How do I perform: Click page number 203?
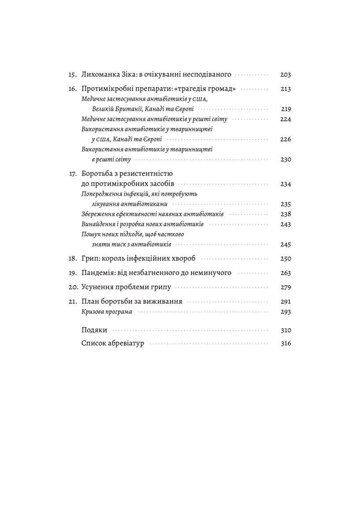point(286,75)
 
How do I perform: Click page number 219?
point(286,109)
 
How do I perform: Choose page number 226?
point(286,139)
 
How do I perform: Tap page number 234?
point(286,184)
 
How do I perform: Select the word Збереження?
point(96,214)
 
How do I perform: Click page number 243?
point(286,224)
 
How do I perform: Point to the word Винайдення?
point(97,224)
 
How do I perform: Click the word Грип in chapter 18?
point(90,258)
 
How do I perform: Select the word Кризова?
point(93,312)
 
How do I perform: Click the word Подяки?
point(94,330)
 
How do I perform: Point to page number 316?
point(286,344)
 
